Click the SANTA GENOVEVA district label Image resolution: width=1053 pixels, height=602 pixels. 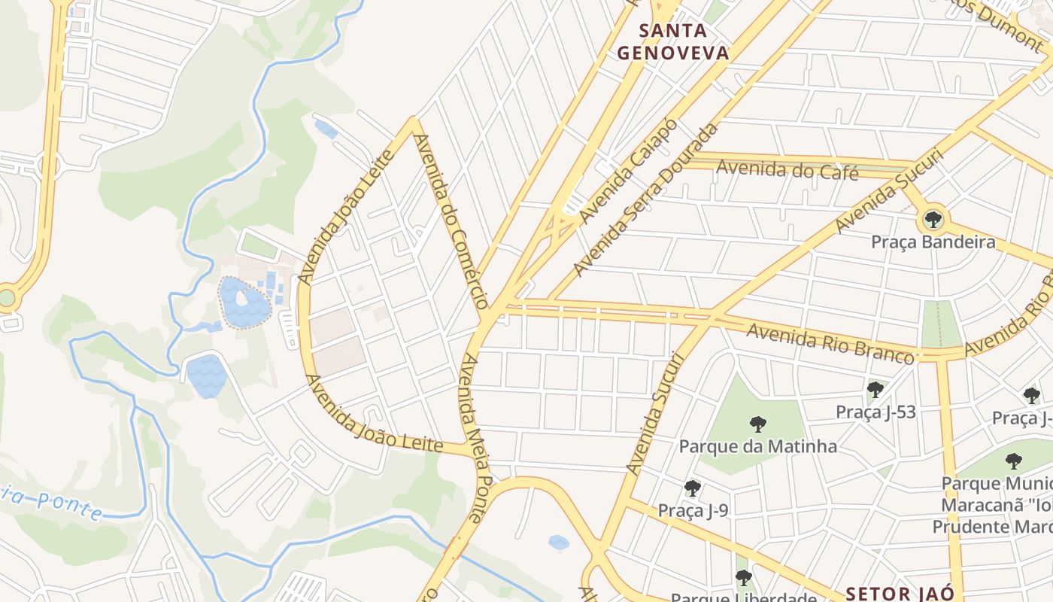click(x=672, y=41)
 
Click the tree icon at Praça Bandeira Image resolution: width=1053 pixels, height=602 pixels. click(x=933, y=220)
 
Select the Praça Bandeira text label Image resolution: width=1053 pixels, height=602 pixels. click(x=933, y=242)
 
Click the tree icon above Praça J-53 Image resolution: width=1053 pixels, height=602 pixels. click(x=875, y=390)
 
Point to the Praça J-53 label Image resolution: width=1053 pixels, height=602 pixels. click(x=875, y=412)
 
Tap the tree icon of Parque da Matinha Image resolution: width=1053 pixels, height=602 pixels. click(x=758, y=424)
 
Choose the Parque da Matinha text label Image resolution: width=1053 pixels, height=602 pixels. click(x=757, y=446)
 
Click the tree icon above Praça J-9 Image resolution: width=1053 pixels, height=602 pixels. click(x=693, y=488)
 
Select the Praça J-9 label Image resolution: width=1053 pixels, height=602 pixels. click(x=693, y=511)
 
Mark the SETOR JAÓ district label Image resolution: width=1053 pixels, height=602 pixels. click(x=900, y=593)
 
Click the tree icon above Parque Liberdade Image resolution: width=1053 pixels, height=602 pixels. click(x=743, y=578)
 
